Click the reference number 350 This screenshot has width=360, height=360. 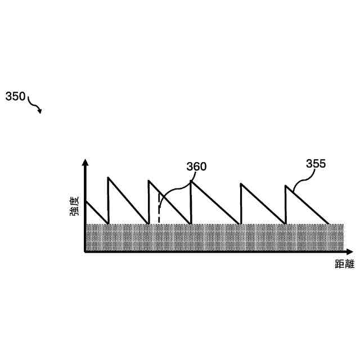click(x=15, y=97)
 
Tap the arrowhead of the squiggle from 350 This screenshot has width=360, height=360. click(x=39, y=111)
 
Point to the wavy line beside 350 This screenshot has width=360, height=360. click(x=34, y=103)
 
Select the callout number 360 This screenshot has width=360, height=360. click(x=196, y=166)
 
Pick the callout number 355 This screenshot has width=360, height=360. click(x=316, y=164)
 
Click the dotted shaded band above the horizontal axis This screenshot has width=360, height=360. click(x=214, y=237)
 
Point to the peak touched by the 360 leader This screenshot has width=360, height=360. click(x=191, y=181)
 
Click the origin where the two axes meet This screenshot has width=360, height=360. click(x=85, y=251)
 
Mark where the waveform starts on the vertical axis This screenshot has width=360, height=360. click(x=86, y=201)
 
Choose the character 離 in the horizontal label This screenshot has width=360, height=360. click(x=348, y=264)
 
